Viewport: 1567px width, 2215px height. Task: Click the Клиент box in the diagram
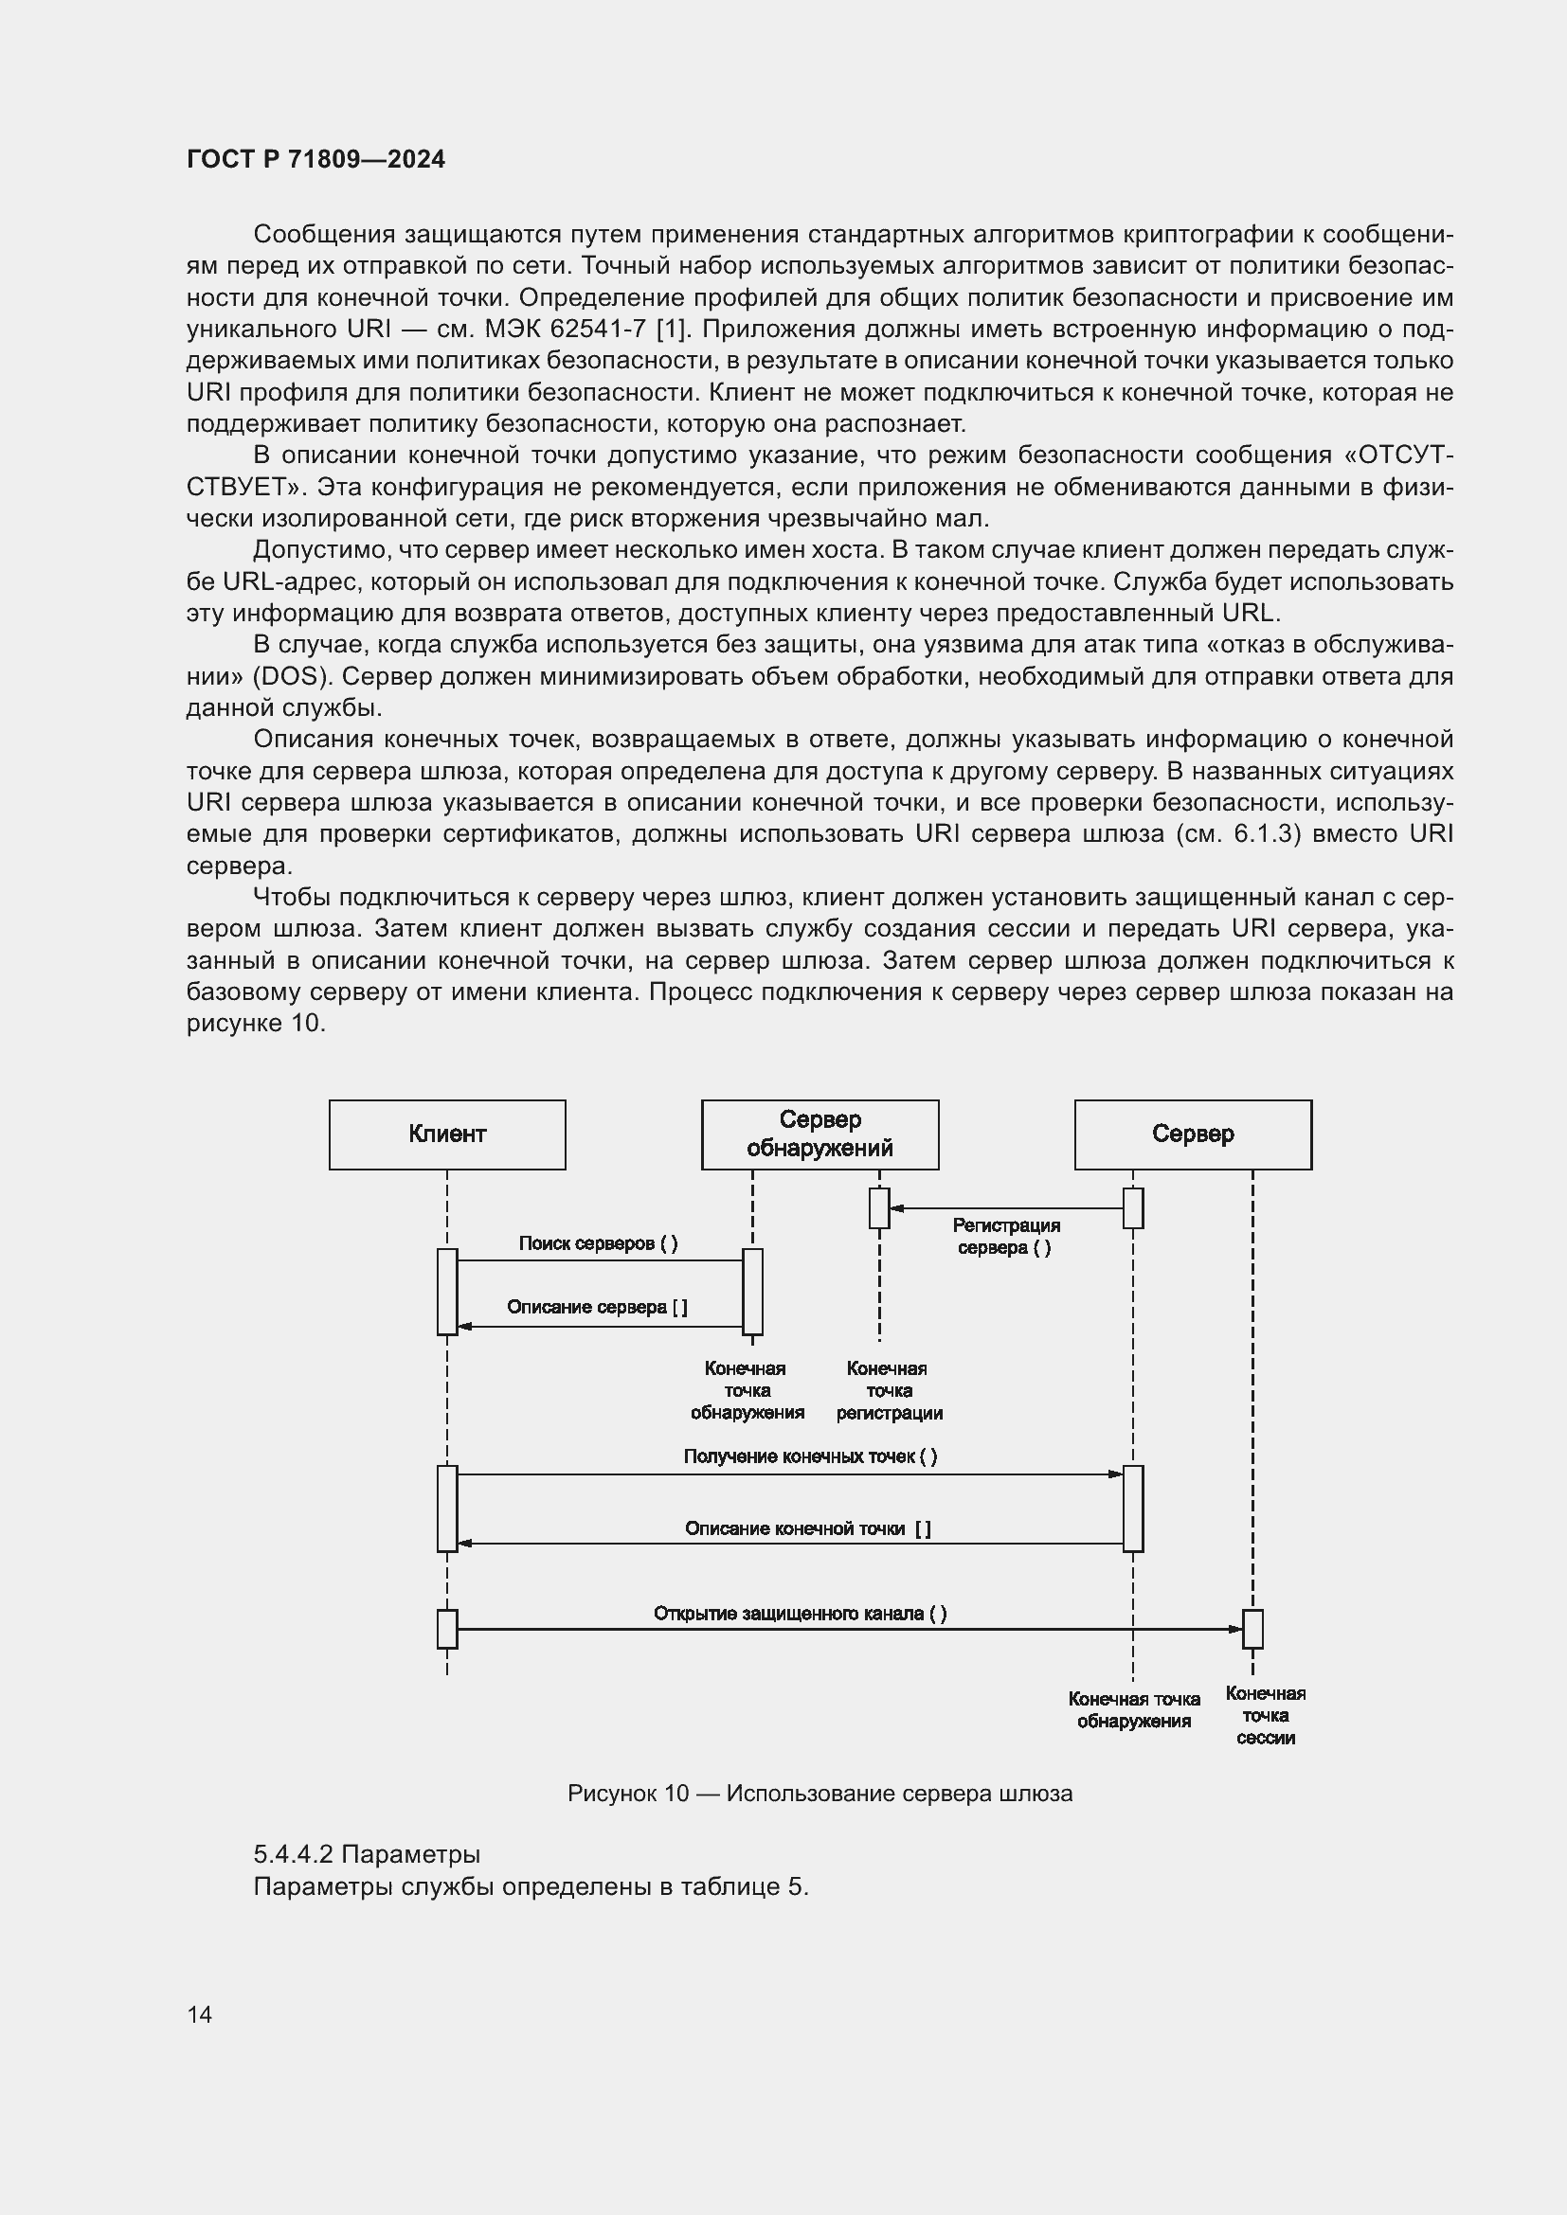[447, 1134]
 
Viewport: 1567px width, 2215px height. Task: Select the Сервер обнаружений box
[820, 1134]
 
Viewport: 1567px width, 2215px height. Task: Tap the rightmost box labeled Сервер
[1193, 1134]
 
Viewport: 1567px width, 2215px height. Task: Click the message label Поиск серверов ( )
[598, 1243]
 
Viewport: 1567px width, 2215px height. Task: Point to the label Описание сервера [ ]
[597, 1307]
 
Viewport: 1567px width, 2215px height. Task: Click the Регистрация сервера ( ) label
[1005, 1236]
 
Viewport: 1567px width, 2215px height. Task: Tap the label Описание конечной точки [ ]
[807, 1528]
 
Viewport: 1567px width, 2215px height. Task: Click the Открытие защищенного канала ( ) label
[800, 1614]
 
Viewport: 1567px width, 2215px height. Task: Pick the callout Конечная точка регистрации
[889, 1391]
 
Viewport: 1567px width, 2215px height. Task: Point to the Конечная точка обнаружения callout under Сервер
[1134, 1710]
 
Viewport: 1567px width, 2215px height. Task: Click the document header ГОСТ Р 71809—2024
[315, 159]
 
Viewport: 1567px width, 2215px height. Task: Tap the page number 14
[200, 2014]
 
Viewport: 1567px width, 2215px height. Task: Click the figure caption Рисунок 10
[628, 1794]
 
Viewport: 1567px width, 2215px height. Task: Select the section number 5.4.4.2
[294, 1854]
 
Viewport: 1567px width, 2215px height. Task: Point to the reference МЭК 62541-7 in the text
[565, 329]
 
